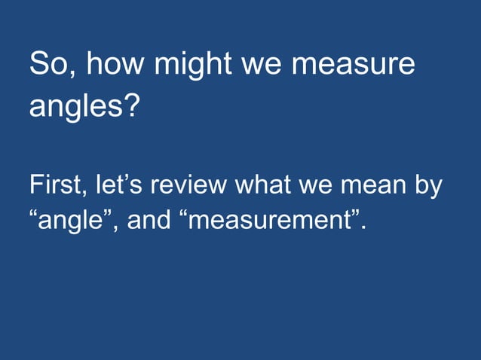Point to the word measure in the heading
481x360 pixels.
[352, 66]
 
